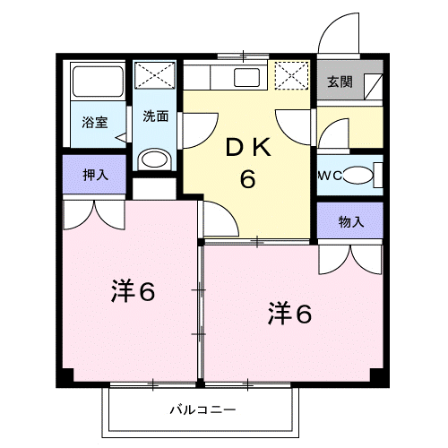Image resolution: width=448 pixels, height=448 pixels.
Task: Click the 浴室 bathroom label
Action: (x=95, y=122)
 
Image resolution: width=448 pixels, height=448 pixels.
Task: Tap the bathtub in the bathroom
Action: (x=98, y=82)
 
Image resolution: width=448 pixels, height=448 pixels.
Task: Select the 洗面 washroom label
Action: (x=156, y=116)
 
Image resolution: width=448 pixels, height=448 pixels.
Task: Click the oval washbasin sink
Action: (x=154, y=159)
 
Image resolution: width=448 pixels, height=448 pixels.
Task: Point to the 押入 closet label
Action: (x=95, y=175)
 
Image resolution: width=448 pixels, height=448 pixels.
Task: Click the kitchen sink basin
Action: (x=246, y=77)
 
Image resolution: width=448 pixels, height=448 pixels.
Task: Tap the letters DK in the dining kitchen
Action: (x=248, y=147)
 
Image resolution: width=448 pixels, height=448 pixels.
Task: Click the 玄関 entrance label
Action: (x=340, y=82)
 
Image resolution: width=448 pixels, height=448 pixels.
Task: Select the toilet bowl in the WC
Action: (x=358, y=175)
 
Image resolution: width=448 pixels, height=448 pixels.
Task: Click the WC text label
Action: (x=330, y=177)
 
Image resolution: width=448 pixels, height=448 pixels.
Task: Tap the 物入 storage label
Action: (x=351, y=221)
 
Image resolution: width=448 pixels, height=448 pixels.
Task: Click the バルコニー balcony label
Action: (x=202, y=409)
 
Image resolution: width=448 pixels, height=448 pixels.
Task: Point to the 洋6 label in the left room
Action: (x=134, y=291)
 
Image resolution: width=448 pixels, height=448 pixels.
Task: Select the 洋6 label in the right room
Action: (x=289, y=314)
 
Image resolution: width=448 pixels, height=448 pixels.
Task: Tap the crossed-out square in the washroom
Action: (x=154, y=75)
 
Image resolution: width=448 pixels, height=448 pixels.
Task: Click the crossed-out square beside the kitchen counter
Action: (x=291, y=75)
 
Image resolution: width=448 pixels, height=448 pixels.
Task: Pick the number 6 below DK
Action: (x=248, y=178)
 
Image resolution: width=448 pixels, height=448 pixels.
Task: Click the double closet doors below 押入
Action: (x=94, y=215)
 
